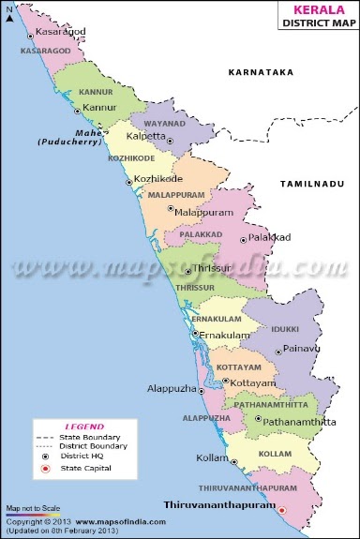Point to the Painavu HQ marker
277,352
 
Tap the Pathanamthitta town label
300,423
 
